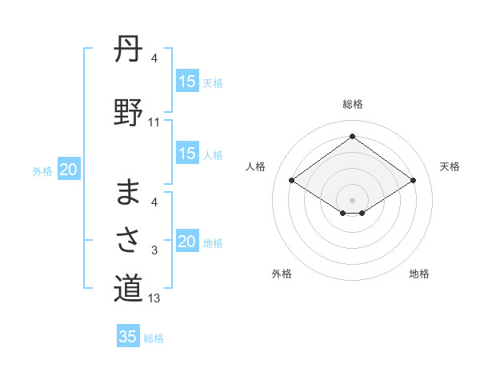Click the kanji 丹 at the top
128,50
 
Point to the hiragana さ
128,238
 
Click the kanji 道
128,288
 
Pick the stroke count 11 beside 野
154,122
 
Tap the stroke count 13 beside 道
154,298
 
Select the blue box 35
128,337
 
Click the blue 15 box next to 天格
187,82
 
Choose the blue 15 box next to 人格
187,154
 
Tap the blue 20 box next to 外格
69,170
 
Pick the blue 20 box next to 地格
187,242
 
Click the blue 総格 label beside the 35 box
154,338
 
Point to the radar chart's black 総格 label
352,104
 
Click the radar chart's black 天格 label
450,166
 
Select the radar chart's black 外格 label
282,274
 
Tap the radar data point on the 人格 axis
292,181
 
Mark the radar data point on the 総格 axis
352,137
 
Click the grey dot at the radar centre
352,198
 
